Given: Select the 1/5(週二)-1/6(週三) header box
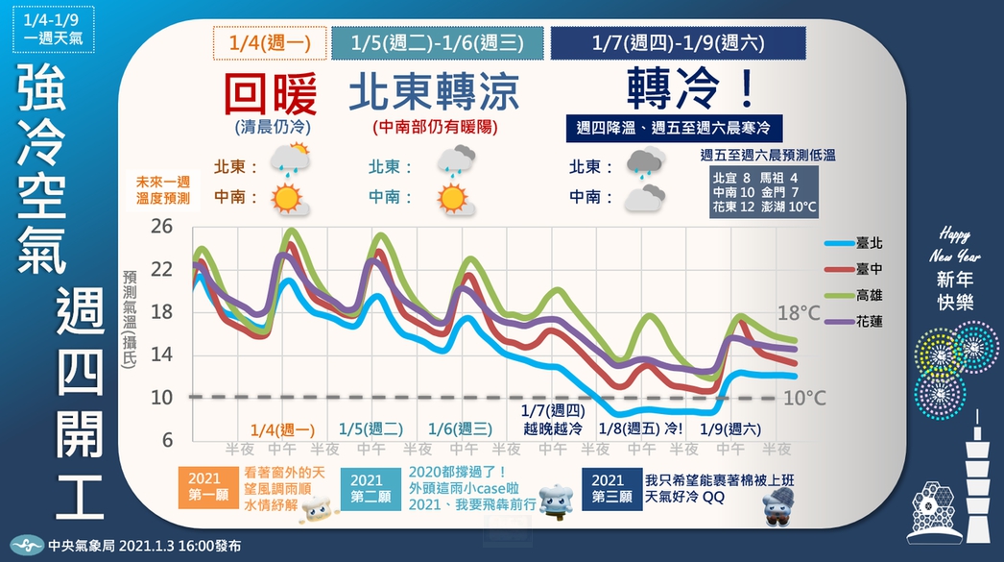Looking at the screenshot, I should (x=436, y=43).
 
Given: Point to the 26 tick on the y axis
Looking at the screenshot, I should (x=161, y=228).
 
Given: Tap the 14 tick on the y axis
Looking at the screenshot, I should (x=161, y=354).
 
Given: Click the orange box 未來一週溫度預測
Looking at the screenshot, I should (x=163, y=191).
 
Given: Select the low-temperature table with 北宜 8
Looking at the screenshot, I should (x=764, y=192).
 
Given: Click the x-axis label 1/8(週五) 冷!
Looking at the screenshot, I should (x=640, y=428).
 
